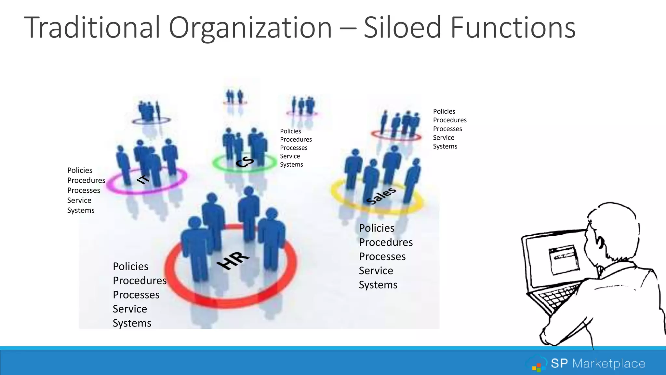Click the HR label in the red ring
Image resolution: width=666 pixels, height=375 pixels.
(x=233, y=260)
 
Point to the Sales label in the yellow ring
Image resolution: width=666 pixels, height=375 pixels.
(x=381, y=195)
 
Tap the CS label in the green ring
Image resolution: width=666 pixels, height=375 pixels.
(x=245, y=162)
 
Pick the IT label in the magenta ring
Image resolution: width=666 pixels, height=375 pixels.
(x=143, y=179)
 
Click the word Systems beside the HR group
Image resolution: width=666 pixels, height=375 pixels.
(x=132, y=323)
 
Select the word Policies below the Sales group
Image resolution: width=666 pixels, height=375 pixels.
(x=377, y=228)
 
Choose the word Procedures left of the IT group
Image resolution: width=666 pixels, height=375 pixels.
(x=86, y=180)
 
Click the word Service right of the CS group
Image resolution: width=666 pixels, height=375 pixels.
(x=290, y=156)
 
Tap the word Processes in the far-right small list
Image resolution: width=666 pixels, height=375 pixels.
(x=447, y=129)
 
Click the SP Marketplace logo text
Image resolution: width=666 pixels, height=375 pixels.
(x=598, y=363)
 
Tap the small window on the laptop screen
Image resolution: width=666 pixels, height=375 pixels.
(x=564, y=259)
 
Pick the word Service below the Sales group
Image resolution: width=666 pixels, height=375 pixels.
(x=376, y=271)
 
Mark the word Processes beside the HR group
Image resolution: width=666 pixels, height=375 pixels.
(x=136, y=295)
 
